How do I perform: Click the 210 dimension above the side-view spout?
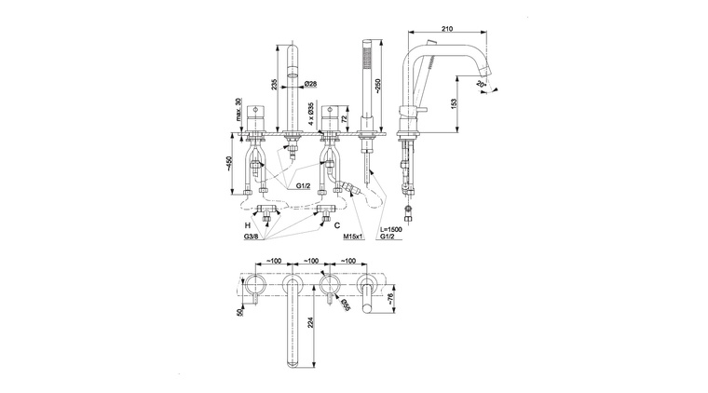point(448,29)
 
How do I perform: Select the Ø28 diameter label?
point(312,84)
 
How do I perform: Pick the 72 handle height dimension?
point(346,120)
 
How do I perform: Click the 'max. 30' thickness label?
point(238,113)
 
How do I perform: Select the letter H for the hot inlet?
point(248,225)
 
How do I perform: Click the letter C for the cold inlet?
point(336,225)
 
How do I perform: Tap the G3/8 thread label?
point(252,238)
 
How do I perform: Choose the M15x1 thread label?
point(353,238)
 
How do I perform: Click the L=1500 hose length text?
point(392,229)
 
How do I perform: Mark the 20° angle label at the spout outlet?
point(481,85)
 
